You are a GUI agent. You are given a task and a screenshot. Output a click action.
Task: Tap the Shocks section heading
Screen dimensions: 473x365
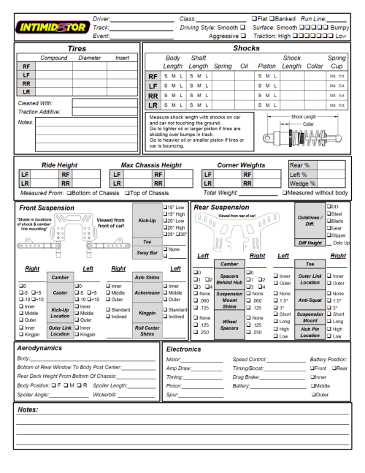[247, 48]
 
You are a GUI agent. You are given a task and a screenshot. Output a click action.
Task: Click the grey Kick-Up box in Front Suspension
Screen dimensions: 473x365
[146, 219]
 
